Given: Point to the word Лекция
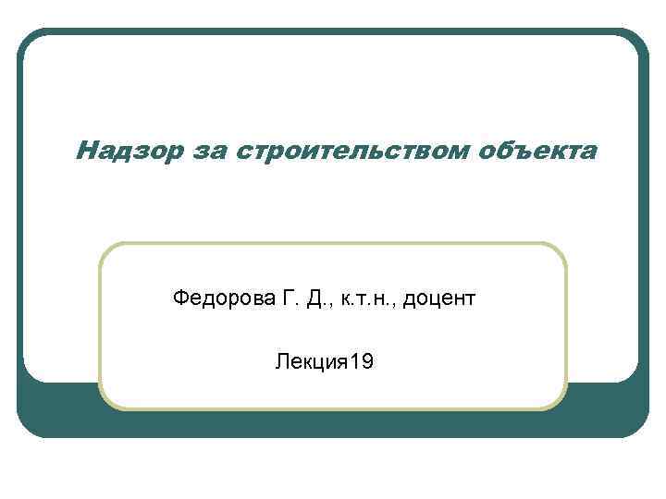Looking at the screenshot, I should click(x=308, y=360).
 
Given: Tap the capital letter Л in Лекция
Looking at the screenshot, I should click(x=280, y=360).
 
